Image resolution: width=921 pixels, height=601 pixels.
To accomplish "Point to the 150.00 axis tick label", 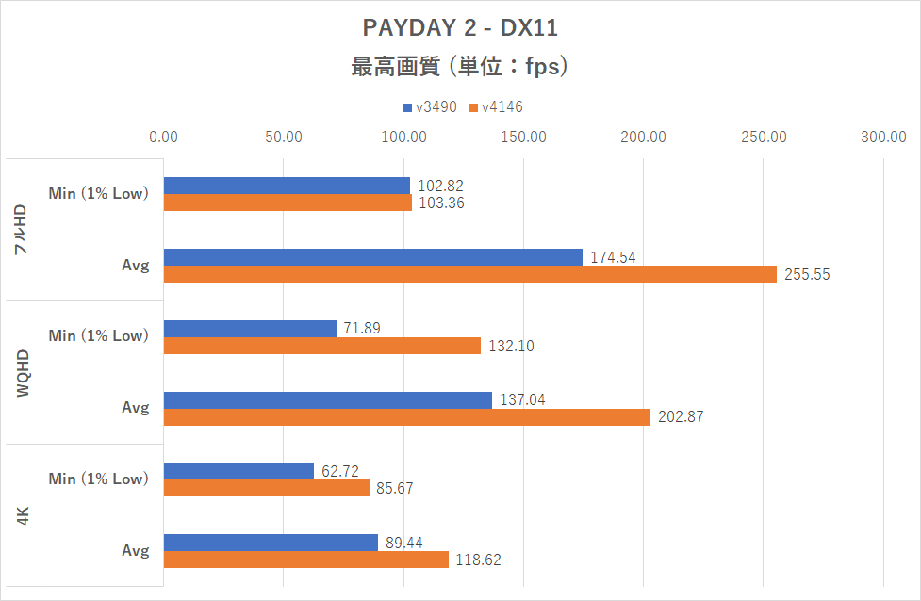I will point(523,138).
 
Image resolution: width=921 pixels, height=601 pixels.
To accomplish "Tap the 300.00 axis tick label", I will point(883,138).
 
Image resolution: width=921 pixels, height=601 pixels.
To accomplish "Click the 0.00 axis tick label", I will point(164,138).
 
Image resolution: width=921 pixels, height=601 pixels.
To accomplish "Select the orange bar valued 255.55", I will point(470,274).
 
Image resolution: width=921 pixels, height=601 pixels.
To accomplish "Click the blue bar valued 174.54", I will point(373,257).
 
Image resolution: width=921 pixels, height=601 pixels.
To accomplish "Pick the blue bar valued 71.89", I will point(250,329).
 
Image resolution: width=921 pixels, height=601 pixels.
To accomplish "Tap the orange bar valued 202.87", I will point(407,417).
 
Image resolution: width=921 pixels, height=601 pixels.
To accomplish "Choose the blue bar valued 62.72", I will point(238,471).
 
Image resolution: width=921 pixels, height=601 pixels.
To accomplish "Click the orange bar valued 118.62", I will point(306,560).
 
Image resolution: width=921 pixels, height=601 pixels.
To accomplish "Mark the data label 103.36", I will point(441,203).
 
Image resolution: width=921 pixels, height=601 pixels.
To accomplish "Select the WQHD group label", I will point(24,372).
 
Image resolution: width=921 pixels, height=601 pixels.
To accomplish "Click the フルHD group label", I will point(24,230).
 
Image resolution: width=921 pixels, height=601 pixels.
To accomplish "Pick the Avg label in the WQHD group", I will point(136,409).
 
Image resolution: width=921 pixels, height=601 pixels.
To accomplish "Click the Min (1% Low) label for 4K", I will point(99,479).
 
